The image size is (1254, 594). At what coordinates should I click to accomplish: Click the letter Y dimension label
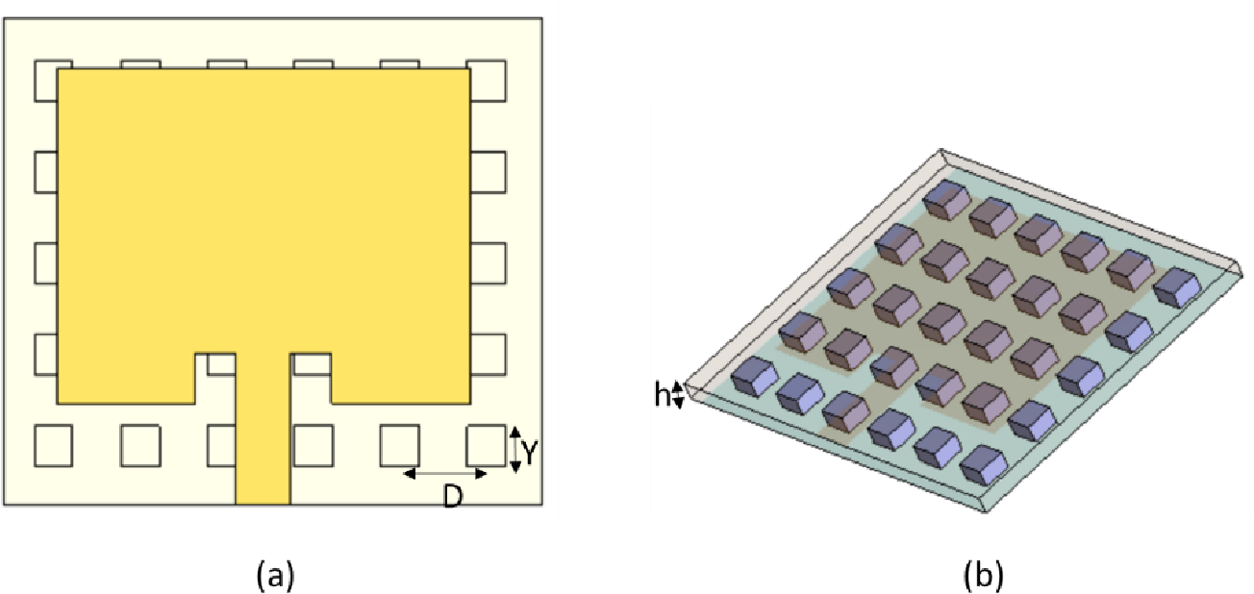[528, 449]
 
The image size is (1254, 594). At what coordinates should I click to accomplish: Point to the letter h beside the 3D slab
[662, 395]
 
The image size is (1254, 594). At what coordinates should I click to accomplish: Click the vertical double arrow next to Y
[514, 449]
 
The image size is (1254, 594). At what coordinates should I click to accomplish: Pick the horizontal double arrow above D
[445, 473]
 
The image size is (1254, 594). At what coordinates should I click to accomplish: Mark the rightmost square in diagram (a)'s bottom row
[486, 443]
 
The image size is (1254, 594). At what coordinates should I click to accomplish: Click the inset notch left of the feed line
[215, 377]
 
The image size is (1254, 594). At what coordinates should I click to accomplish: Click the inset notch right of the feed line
[311, 377]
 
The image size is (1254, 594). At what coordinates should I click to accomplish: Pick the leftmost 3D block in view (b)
[754, 375]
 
